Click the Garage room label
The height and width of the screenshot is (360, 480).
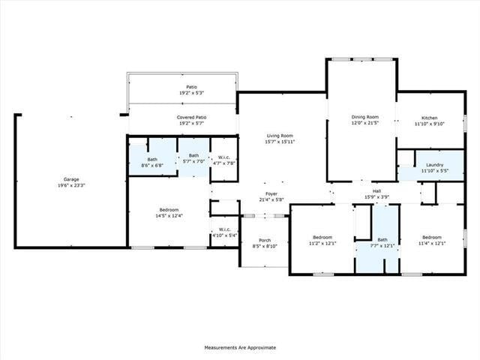click(x=71, y=179)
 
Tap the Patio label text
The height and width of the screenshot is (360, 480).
click(x=191, y=87)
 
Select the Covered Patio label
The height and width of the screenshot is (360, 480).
click(x=191, y=118)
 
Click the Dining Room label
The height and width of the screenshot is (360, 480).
click(x=365, y=117)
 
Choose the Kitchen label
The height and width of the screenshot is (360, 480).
click(x=429, y=118)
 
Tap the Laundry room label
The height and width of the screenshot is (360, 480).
click(x=434, y=165)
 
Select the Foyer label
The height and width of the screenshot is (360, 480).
click(x=271, y=193)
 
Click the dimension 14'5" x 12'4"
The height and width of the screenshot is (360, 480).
click(x=169, y=216)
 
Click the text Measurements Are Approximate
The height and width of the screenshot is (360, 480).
click(x=240, y=347)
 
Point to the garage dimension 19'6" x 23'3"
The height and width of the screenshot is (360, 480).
click(x=71, y=185)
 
